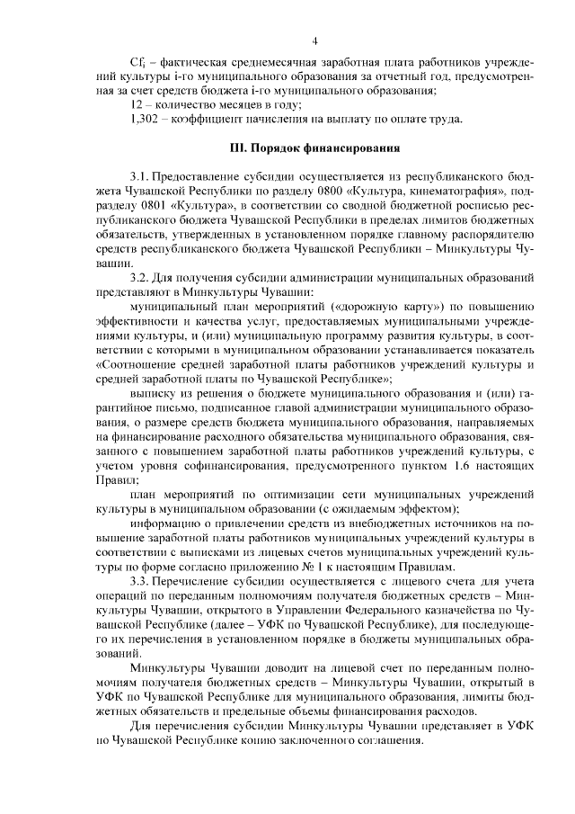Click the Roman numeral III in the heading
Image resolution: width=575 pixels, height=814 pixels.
(x=240, y=148)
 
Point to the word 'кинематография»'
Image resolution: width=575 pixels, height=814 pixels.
(x=466, y=191)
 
